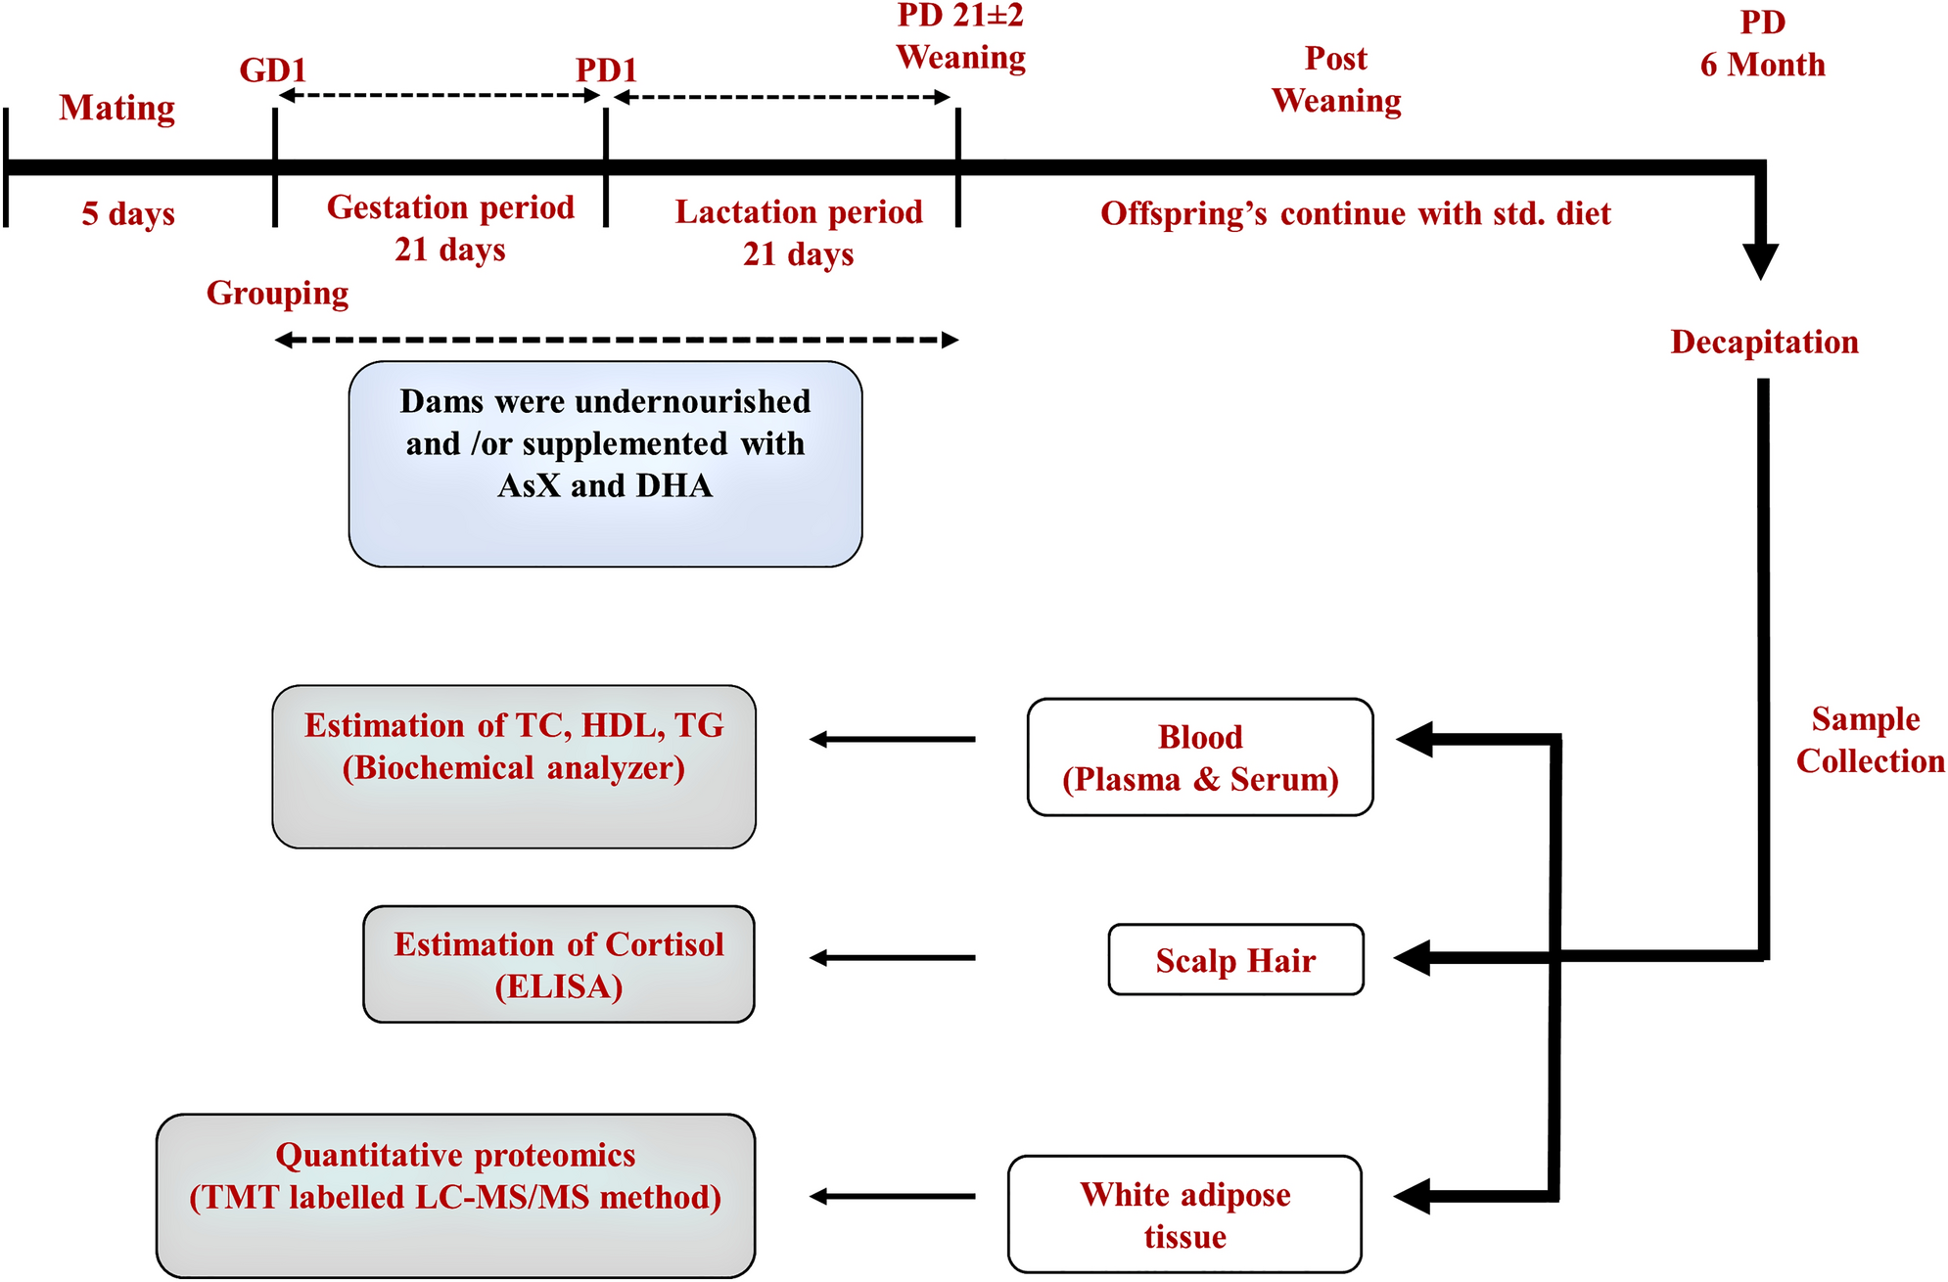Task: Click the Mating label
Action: tap(116, 108)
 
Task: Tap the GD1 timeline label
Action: tap(273, 70)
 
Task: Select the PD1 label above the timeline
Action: tap(606, 70)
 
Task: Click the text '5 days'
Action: tap(128, 213)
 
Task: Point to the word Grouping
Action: tap(277, 293)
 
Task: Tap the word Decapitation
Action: tap(1764, 342)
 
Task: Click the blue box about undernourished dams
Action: tap(605, 464)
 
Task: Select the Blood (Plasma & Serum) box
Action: tap(1199, 757)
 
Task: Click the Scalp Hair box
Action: tap(1235, 960)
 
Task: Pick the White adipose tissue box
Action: tap(1184, 1214)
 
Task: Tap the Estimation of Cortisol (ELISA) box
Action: tap(558, 965)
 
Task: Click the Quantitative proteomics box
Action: tap(455, 1195)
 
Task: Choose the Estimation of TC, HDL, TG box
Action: tap(514, 766)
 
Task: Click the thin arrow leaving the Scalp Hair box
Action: tap(892, 958)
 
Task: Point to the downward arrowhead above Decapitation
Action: tap(1760, 260)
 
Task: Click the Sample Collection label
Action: tap(1869, 740)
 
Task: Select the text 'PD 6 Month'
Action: tap(1762, 44)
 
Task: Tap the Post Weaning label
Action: tap(1336, 79)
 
